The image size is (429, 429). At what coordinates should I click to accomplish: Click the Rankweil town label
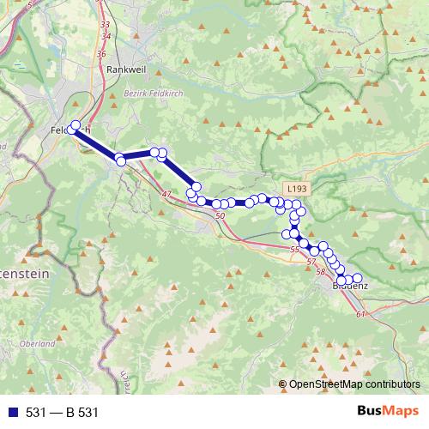click(x=125, y=69)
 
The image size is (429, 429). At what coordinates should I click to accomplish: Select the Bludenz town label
click(x=349, y=287)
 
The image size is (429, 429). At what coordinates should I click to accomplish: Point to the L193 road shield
click(x=297, y=188)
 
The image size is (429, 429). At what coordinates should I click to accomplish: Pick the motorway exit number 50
click(x=221, y=216)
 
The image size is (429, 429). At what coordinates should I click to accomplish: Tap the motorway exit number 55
click(x=294, y=249)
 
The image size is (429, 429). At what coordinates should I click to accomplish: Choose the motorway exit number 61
click(x=360, y=315)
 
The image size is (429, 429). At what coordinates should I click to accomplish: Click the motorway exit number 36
click(x=101, y=53)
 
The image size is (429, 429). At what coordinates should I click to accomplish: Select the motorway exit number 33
click(x=105, y=25)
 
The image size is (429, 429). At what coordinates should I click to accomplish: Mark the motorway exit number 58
click(x=321, y=271)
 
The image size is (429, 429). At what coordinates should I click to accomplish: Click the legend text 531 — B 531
click(x=63, y=413)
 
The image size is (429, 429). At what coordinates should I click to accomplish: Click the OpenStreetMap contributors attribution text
click(x=354, y=385)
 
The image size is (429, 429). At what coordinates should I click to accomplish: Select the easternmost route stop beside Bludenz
click(x=357, y=278)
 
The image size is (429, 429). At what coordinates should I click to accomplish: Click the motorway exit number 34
click(x=106, y=36)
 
